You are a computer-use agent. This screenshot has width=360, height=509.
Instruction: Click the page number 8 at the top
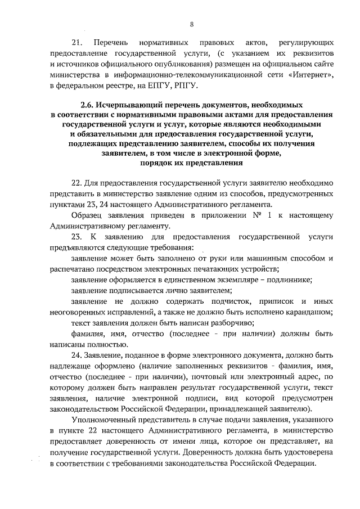pos(192,24)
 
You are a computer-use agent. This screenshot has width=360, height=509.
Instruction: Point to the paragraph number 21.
pos(77,43)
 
